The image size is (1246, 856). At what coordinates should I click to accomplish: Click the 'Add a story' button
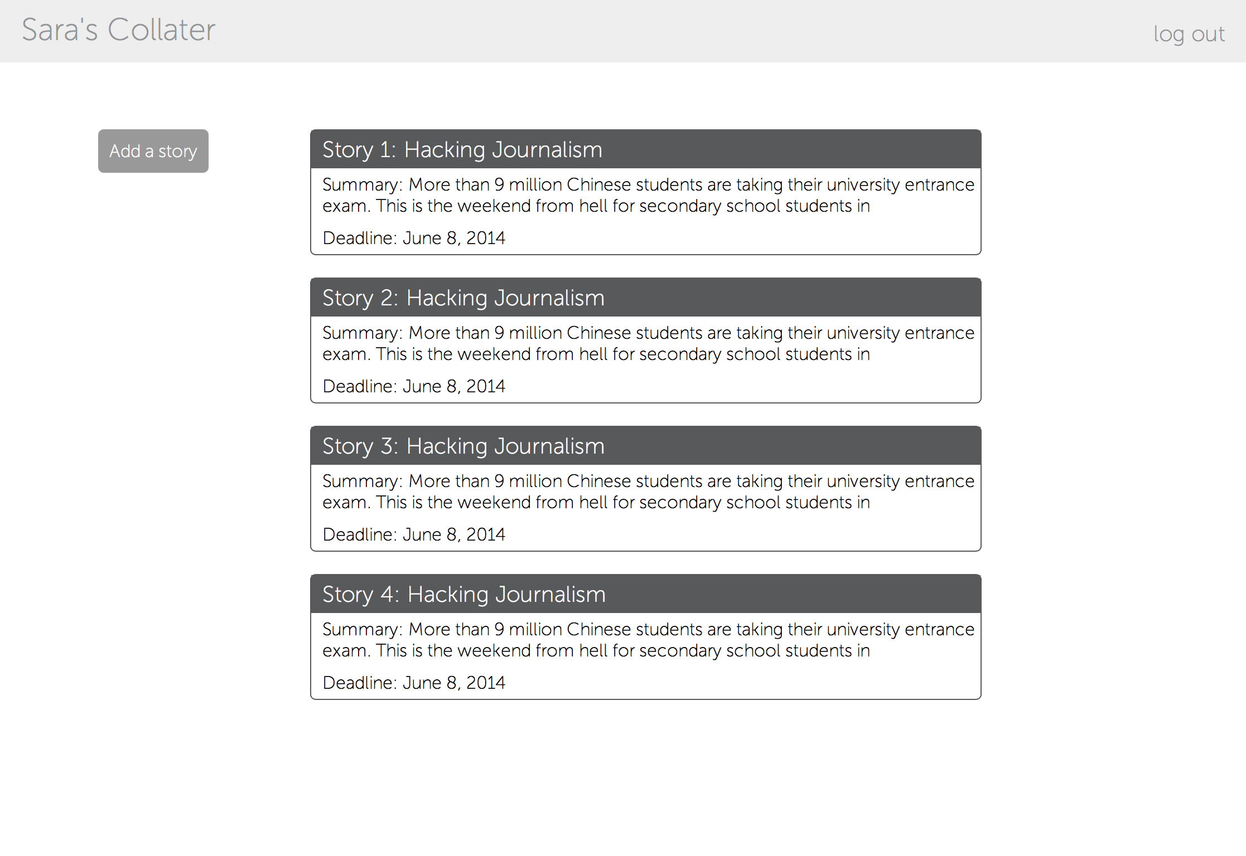153,151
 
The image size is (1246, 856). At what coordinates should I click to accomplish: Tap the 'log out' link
1189,35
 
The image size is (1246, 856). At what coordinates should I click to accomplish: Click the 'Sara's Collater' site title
118,30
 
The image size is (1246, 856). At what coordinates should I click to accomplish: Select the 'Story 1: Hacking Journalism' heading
462,150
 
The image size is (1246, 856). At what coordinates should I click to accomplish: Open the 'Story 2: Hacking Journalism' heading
463,298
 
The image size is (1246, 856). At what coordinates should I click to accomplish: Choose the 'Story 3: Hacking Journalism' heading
463,446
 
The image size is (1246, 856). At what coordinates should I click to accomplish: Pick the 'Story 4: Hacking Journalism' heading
464,595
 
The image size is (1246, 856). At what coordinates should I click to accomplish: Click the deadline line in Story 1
414,238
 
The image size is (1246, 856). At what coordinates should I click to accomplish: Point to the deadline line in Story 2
414,386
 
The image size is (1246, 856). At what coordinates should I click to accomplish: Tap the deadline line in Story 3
414,534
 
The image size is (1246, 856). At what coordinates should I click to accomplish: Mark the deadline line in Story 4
414,683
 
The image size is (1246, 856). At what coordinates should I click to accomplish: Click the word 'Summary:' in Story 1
363,185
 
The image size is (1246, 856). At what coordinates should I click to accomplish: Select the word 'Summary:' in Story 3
363,481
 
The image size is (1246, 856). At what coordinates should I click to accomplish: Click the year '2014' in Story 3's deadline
486,534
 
